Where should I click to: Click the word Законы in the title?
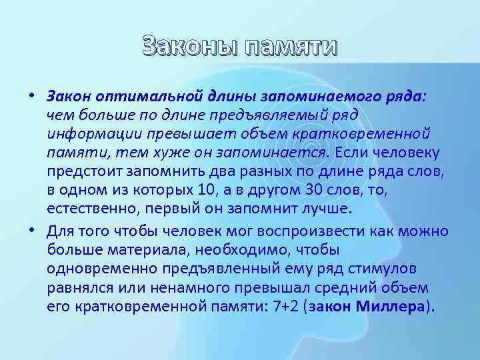(x=191, y=47)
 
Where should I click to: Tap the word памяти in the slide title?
(x=291, y=47)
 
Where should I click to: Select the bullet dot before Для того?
(x=31, y=231)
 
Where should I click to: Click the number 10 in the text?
(x=208, y=191)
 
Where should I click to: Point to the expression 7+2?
(x=276, y=308)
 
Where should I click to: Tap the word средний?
(x=357, y=289)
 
